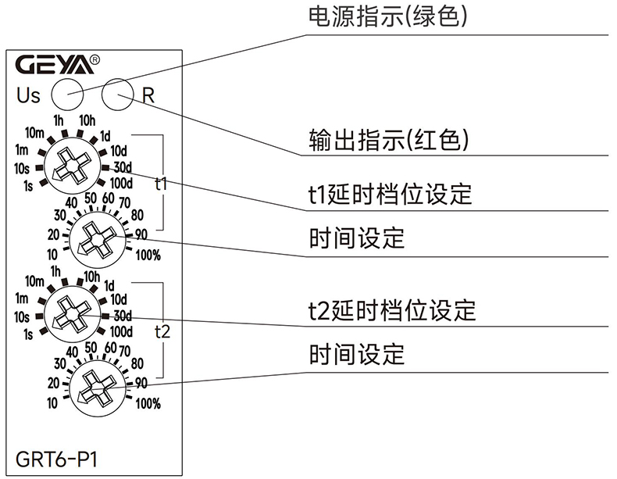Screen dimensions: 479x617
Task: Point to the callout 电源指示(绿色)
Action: pos(388,17)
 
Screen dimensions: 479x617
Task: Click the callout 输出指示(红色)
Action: pos(388,141)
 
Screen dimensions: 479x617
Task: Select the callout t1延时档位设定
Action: pos(389,193)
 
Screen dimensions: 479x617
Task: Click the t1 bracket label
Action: pos(161,184)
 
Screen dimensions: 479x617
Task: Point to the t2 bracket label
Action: pos(162,331)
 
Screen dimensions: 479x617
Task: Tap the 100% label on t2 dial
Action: pos(148,404)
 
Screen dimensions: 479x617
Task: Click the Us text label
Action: pos(28,95)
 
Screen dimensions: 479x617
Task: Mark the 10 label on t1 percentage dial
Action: pos(52,254)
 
